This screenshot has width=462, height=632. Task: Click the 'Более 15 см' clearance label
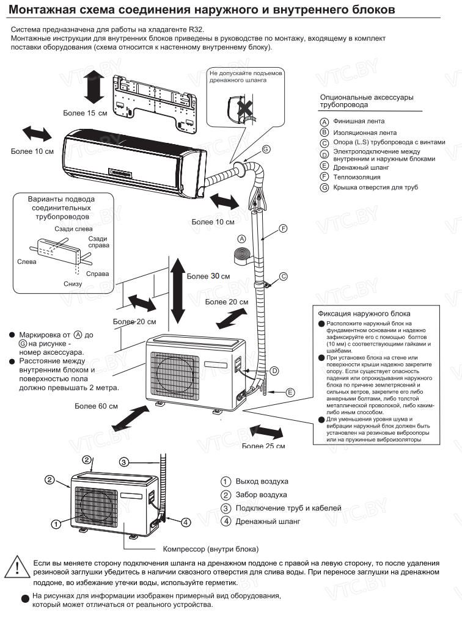[85, 113]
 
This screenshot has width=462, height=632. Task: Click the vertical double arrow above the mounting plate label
[92, 86]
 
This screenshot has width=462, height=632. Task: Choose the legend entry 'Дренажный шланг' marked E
[361, 166]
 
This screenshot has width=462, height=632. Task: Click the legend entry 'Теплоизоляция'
[355, 176]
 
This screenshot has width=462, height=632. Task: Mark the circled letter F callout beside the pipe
[282, 228]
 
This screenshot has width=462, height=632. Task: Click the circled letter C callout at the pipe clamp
[283, 277]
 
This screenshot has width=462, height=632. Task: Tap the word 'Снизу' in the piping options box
[72, 284]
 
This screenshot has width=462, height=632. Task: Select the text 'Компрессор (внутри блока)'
[210, 548]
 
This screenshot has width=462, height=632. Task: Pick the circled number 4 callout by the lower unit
[186, 522]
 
